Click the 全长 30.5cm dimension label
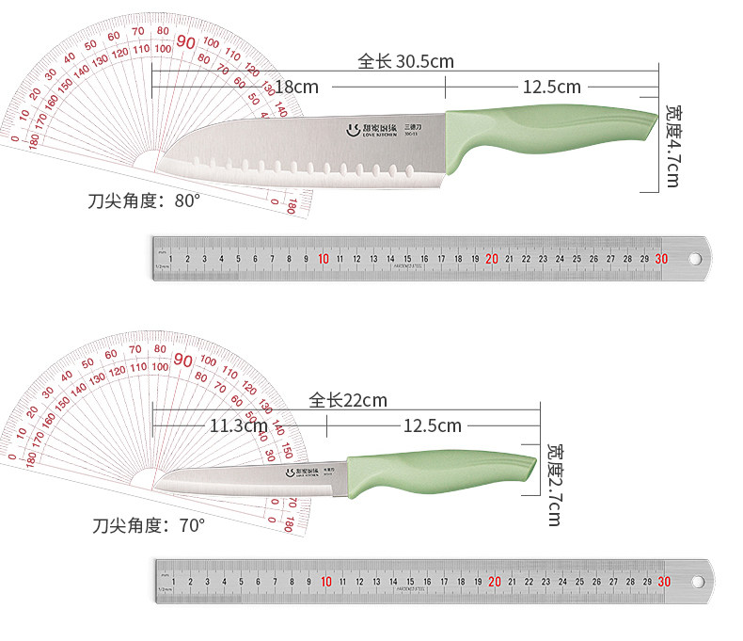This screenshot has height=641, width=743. [405, 62]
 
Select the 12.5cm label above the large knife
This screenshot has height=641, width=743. [551, 87]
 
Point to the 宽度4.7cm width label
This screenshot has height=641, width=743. [672, 145]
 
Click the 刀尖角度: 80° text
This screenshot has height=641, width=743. [145, 200]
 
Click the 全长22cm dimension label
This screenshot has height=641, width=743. [348, 400]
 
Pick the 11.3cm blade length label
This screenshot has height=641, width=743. [238, 425]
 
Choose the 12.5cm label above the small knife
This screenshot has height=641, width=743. [432, 425]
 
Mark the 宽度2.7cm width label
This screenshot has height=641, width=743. [554, 484]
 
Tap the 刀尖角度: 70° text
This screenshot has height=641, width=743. [149, 525]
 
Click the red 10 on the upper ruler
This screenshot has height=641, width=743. [324, 259]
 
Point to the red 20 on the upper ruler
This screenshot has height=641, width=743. [492, 259]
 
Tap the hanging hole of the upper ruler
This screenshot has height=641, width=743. [695, 259]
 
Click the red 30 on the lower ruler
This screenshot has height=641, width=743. [665, 582]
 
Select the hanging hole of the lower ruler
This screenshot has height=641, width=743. [698, 582]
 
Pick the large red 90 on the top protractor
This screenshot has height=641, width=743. [185, 42]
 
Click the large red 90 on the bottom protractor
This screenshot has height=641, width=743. [183, 361]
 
